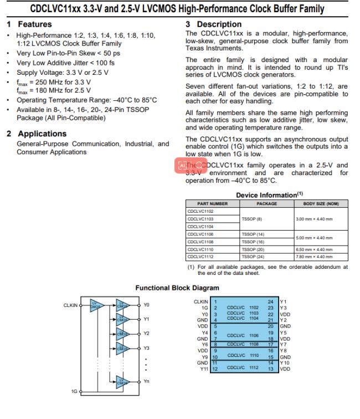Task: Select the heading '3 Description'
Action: point(213,24)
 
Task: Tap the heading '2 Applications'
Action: point(37,134)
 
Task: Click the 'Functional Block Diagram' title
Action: point(177,288)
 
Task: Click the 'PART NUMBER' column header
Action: point(212,203)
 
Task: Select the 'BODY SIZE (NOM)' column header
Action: point(321,203)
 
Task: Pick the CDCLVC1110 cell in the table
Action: point(200,249)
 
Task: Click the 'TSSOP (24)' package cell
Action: point(253,257)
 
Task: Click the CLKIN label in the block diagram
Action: point(70,305)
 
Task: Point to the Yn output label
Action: point(147,381)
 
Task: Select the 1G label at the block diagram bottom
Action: point(74,391)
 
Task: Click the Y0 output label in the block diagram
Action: point(146,305)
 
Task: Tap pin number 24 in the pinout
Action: point(270,302)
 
